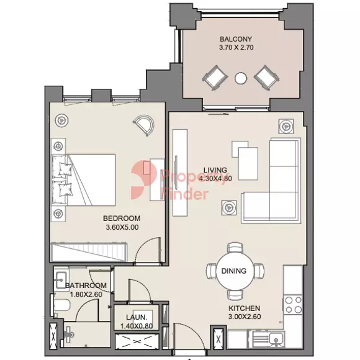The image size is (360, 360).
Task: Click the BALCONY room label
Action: (x=236, y=39)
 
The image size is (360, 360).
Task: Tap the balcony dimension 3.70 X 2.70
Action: (x=236, y=48)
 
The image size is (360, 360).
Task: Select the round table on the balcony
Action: (x=241, y=78)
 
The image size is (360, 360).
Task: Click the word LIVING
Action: (x=215, y=170)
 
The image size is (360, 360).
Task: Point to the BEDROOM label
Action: (x=122, y=218)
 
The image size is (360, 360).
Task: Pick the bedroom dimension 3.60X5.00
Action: (x=122, y=227)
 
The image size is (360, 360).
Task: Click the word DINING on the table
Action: (x=234, y=271)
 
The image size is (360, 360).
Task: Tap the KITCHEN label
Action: (x=245, y=308)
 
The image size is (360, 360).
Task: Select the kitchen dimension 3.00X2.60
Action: (x=245, y=317)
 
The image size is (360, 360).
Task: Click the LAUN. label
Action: (x=137, y=317)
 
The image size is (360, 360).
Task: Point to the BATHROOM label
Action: (x=86, y=286)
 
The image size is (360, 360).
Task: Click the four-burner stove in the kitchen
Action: (x=293, y=305)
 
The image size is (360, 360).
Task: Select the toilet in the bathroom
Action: (x=61, y=305)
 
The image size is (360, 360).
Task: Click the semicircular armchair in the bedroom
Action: (x=144, y=125)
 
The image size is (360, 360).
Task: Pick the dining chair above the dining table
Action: (x=235, y=248)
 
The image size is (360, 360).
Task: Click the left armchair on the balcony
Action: (x=215, y=78)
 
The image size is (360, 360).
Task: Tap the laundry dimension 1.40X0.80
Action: (x=137, y=326)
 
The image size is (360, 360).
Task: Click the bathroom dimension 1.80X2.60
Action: (x=86, y=294)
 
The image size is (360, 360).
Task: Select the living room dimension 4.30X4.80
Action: (x=215, y=179)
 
